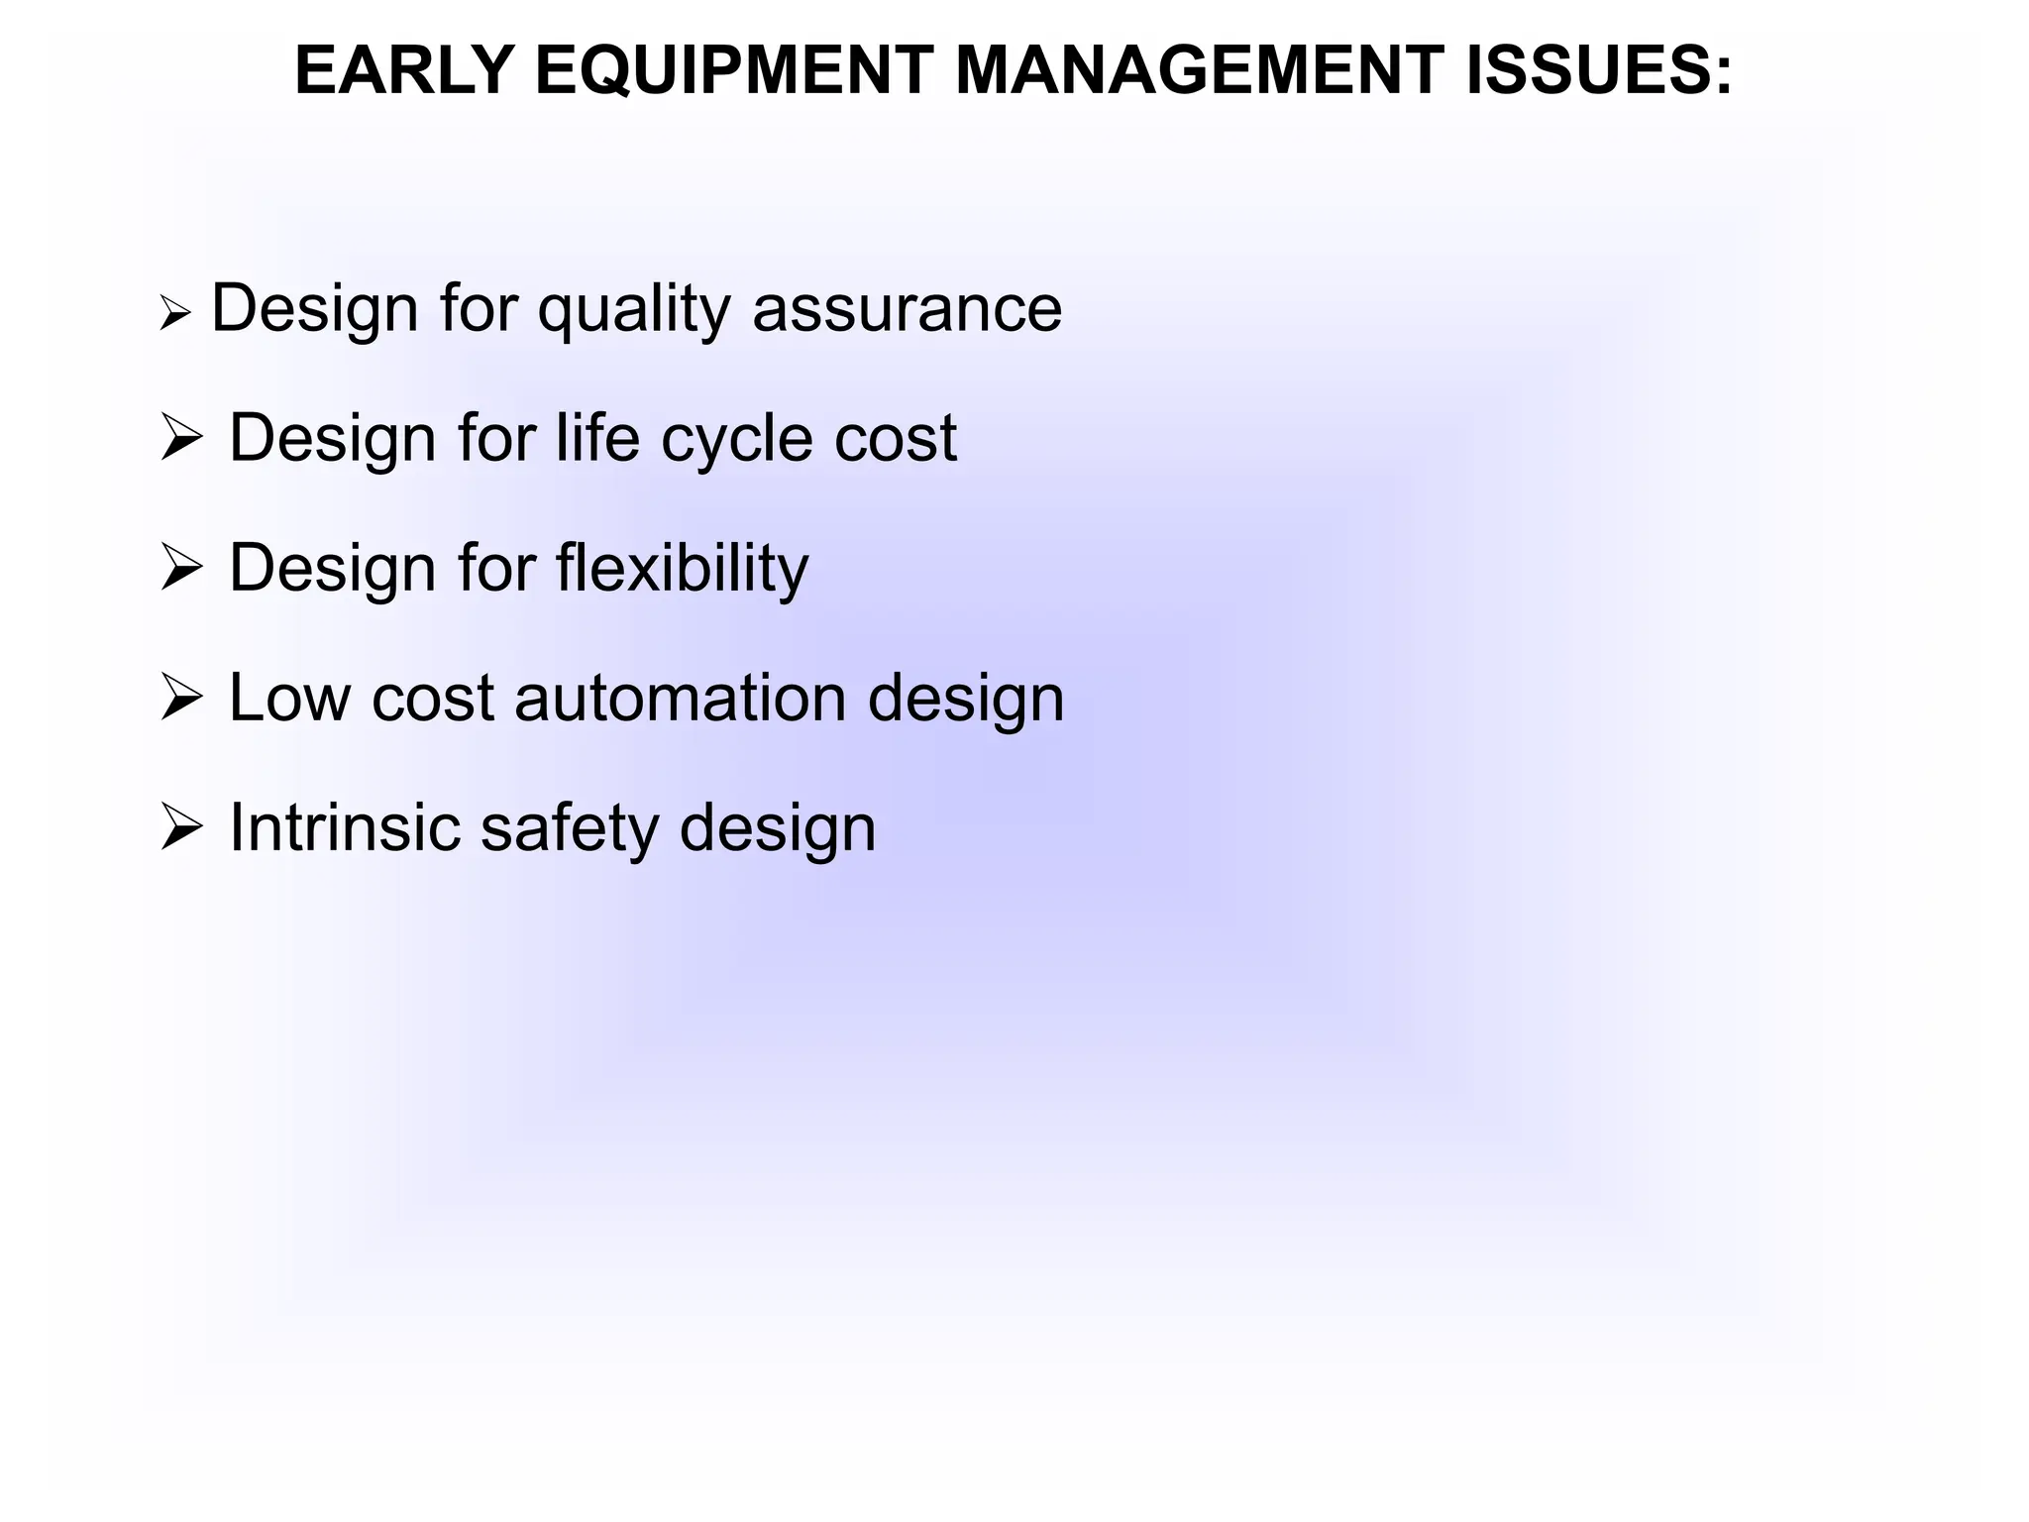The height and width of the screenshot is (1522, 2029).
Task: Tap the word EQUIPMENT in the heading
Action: click(734, 71)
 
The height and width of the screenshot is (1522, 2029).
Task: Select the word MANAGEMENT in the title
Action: click(1199, 71)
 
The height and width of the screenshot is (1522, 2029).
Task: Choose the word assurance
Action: click(907, 309)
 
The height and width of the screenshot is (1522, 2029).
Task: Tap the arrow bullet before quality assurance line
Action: click(174, 316)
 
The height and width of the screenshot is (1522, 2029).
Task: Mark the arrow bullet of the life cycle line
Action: click(181, 438)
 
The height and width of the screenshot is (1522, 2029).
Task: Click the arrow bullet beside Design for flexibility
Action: click(181, 568)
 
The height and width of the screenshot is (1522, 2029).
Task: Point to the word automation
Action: click(681, 698)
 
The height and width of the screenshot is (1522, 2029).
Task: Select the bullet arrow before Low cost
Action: click(181, 698)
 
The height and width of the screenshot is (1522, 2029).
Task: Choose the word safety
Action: click(569, 829)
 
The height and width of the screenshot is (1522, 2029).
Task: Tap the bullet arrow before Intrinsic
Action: click(181, 827)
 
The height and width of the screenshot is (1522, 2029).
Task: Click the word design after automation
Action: click(966, 700)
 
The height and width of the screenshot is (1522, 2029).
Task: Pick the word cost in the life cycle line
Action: click(895, 440)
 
